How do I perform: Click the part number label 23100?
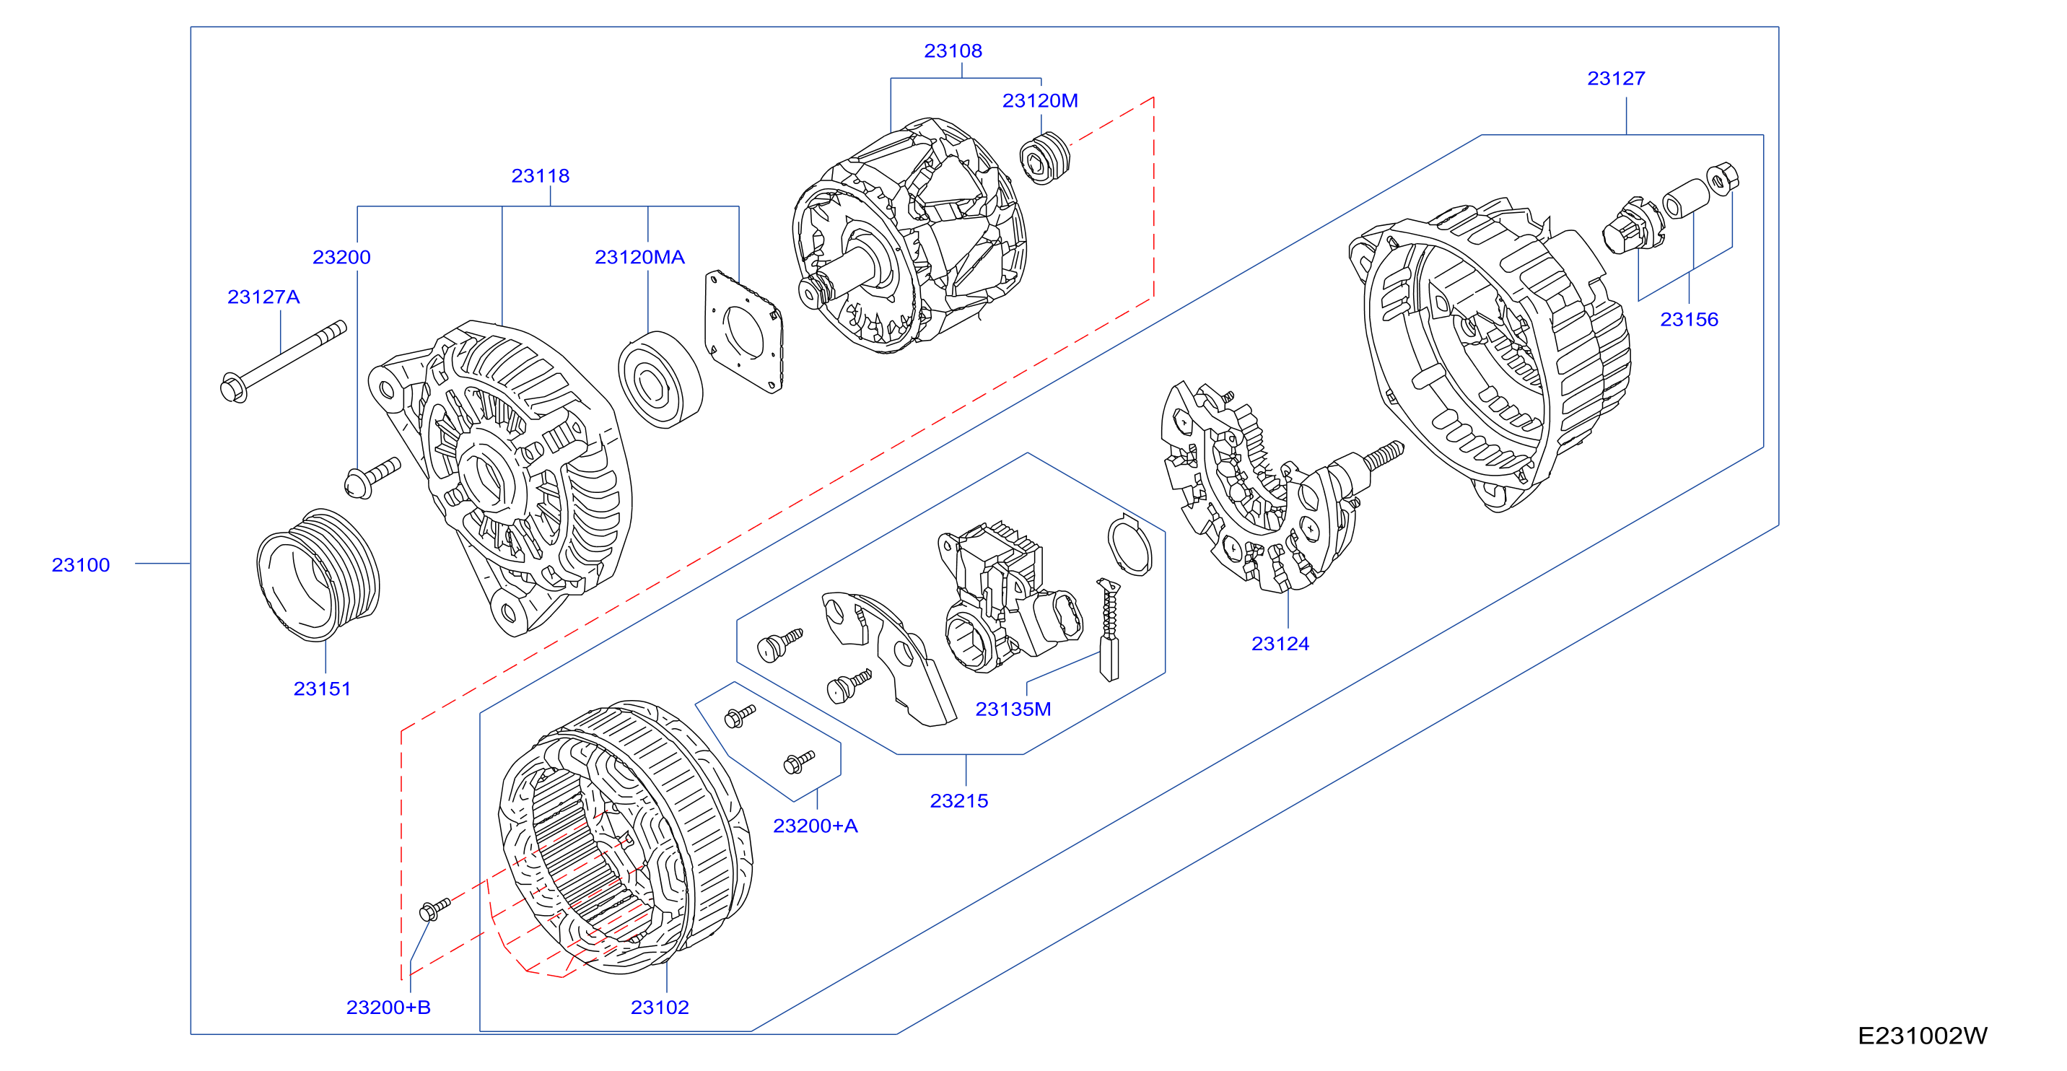[80, 565]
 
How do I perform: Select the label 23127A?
[263, 297]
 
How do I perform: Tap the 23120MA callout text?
[639, 257]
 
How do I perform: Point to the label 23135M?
[1013, 709]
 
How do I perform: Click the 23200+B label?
[388, 1007]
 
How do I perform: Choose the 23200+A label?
[816, 826]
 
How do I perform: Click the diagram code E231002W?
[1923, 1036]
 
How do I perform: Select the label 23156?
[1689, 319]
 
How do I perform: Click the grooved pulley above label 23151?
[318, 574]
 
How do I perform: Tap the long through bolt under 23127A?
[283, 361]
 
